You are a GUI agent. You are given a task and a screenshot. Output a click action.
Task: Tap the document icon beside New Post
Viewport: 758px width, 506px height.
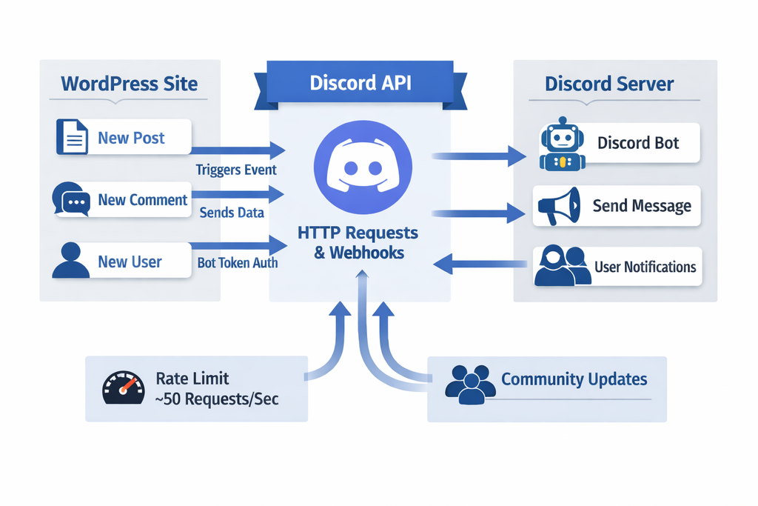click(73, 138)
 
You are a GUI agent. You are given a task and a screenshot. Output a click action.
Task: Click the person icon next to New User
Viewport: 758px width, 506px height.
click(71, 261)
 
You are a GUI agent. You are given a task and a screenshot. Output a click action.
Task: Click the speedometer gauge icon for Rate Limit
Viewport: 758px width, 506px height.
click(121, 388)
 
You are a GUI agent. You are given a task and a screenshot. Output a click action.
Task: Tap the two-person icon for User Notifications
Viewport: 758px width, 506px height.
click(562, 266)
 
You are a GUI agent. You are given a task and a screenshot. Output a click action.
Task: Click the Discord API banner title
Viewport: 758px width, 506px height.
click(360, 81)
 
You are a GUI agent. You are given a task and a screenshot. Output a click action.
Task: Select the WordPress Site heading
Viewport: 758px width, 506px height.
click(130, 83)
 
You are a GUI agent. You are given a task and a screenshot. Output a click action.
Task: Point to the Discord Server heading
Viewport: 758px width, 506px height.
click(609, 84)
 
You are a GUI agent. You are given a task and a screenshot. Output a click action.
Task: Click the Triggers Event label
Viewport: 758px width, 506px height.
click(236, 170)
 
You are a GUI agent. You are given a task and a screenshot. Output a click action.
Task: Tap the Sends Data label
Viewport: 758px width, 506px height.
click(232, 213)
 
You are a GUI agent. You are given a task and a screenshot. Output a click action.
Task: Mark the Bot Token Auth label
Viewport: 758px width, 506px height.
click(238, 263)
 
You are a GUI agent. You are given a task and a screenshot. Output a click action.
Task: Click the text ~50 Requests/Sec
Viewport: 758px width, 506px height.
click(217, 400)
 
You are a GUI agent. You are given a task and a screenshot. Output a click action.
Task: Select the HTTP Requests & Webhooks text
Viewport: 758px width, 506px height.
click(358, 242)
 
